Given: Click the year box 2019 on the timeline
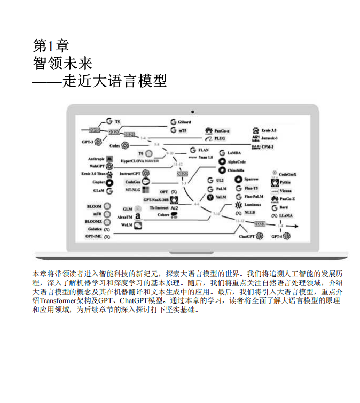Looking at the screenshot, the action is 94,130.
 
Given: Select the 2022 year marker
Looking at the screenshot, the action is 182,174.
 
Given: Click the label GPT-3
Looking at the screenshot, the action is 88,142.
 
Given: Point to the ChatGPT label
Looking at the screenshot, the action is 246,236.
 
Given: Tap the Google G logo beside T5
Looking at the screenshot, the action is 108,121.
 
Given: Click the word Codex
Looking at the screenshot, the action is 115,145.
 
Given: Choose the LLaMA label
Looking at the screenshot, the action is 286,215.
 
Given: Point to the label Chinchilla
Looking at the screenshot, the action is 236,170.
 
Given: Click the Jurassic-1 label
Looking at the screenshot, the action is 273,138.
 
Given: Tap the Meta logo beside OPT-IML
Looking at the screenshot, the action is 107,236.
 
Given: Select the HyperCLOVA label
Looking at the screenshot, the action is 132,160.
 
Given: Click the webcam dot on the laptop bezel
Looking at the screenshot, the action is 192,112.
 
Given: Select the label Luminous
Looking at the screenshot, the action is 252,205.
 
